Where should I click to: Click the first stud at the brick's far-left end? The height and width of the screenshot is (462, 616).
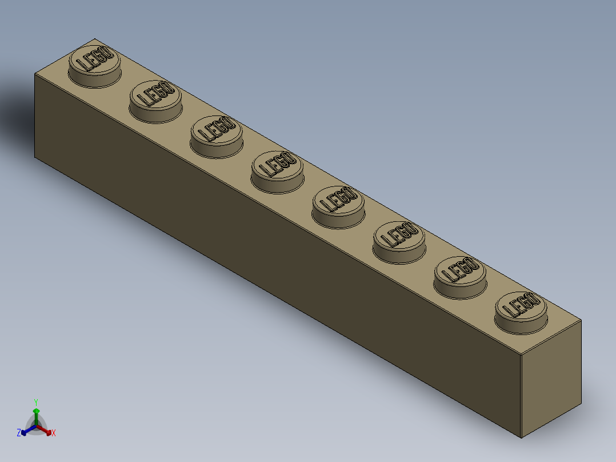95,64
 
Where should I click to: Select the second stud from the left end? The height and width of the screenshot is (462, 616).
155,99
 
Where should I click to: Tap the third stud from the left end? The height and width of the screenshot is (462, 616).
217,134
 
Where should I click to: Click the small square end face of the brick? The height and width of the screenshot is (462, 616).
551,380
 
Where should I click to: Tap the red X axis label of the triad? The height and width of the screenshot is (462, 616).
54,433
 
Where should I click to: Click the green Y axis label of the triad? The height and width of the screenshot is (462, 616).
35,401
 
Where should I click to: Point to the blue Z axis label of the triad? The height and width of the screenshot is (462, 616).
19,433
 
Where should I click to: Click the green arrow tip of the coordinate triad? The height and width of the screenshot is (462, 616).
36,411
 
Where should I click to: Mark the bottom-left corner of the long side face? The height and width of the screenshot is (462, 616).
35,157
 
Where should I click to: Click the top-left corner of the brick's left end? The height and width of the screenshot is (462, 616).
35,73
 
